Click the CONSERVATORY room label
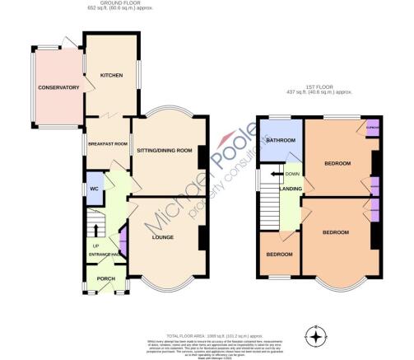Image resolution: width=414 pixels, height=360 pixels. [x=58, y=86]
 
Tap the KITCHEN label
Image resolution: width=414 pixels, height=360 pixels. [x=111, y=75]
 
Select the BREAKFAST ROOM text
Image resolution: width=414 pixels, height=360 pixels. [x=107, y=143]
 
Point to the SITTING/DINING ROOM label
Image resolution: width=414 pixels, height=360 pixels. [x=164, y=151]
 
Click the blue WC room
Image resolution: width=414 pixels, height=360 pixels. [x=95, y=187]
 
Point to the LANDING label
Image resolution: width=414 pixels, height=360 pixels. [x=291, y=190]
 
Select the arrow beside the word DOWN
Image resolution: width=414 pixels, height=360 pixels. [x=270, y=175]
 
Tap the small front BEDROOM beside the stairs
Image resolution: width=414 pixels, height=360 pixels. [x=279, y=254]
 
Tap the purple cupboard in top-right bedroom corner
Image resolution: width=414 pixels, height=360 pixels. [x=372, y=129]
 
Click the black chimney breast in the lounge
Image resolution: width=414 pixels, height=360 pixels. [x=202, y=239]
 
